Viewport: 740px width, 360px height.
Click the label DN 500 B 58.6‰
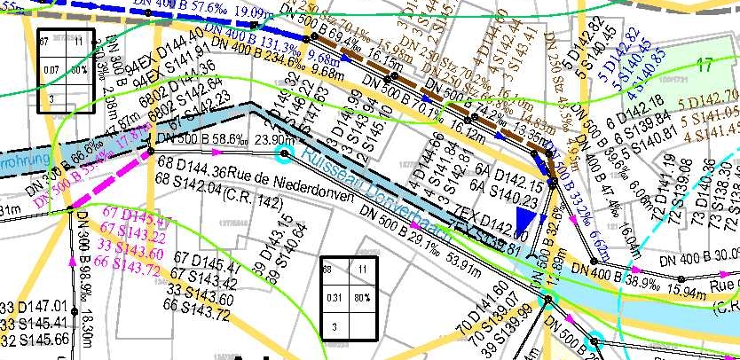[200, 139]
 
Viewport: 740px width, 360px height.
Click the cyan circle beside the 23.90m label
[284, 155]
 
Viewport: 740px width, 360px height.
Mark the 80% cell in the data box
[362, 298]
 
